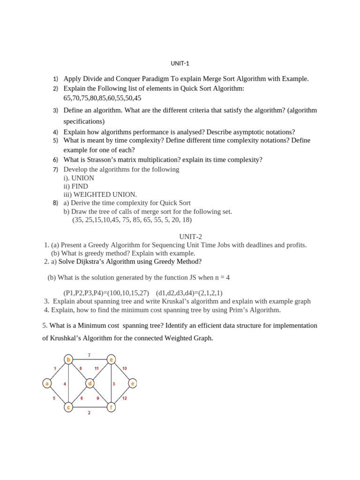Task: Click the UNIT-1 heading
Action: pos(180,63)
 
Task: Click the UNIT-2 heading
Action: pos(190,237)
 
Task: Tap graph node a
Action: pos(47,383)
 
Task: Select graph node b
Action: pos(68,360)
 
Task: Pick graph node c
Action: pos(68,407)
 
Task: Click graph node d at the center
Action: pos(90,383)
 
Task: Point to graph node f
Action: pos(111,407)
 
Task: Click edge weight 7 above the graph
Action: pos(89,355)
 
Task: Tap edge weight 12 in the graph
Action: pos(124,398)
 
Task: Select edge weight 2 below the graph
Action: pos(89,413)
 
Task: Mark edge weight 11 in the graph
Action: pos(97,368)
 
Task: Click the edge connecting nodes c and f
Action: pos(90,407)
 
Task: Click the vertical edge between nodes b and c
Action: pos(68,383)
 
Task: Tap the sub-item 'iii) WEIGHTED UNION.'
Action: pos(100,195)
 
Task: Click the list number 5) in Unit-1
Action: pos(55,140)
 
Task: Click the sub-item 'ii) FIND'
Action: pos(76,186)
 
